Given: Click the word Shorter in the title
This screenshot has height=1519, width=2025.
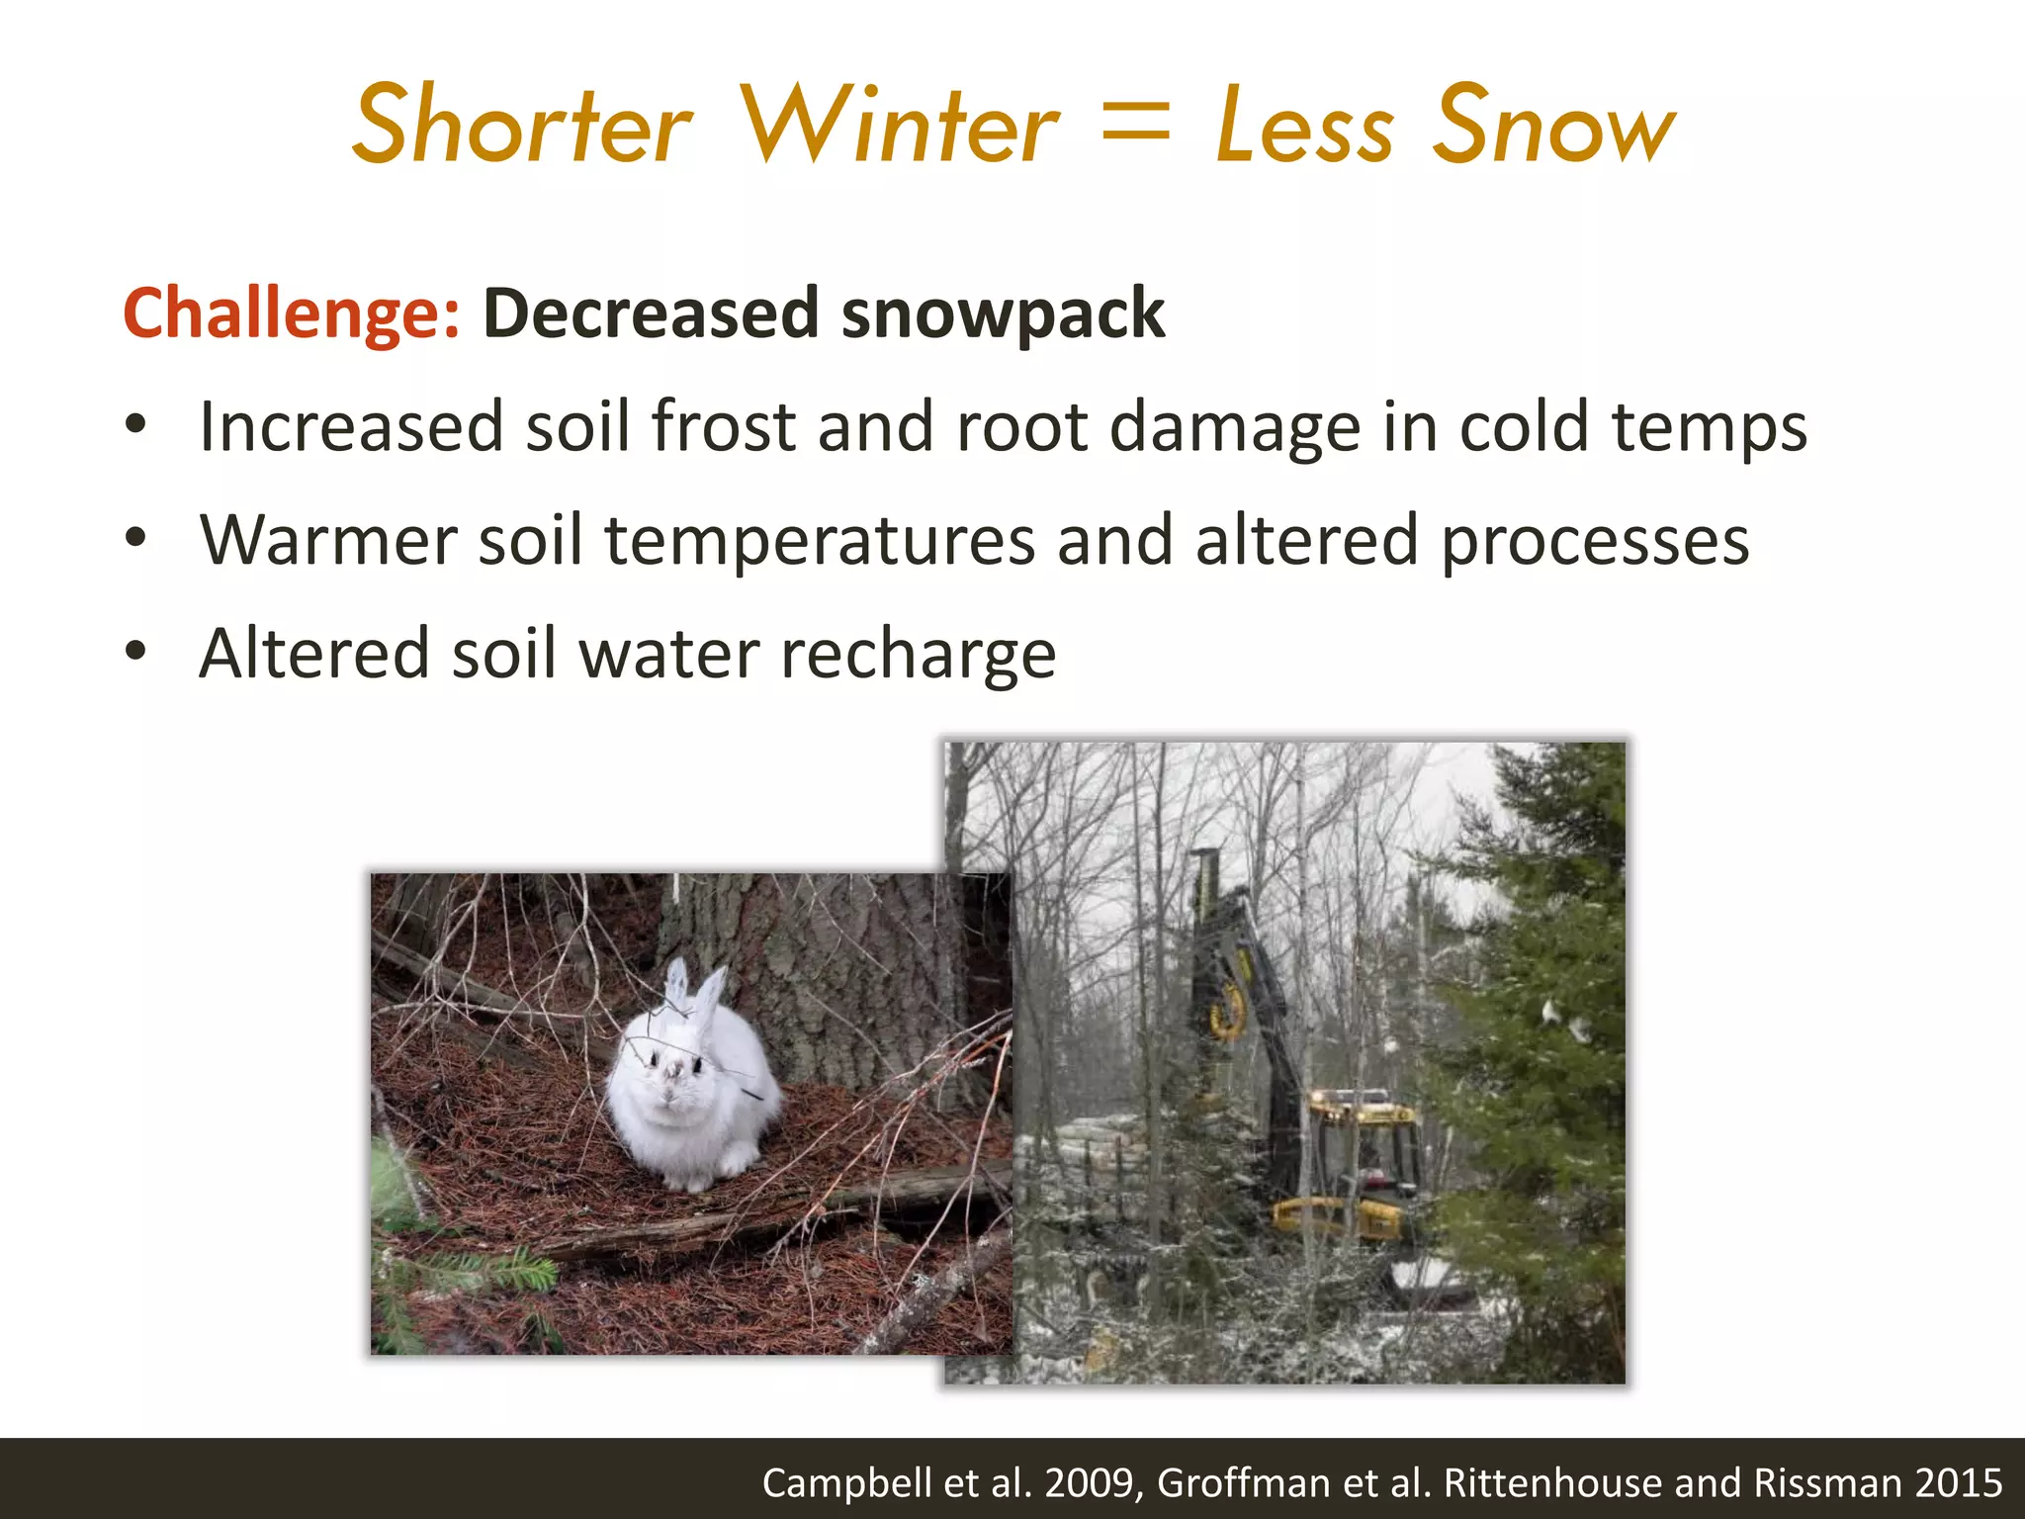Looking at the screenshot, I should pos(521,127).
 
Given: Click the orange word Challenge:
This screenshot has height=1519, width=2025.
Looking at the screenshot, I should pos(292,314).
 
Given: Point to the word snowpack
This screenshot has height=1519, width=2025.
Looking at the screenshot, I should pos(1003,314).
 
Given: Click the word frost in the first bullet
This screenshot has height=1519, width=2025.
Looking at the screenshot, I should pos(723,427).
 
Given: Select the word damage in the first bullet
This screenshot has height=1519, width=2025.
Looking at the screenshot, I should pos(1235,427).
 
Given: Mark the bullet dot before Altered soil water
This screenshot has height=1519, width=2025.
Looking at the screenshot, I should pos(135,653).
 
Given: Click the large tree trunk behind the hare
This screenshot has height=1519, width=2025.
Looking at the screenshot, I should pos(831,969).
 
